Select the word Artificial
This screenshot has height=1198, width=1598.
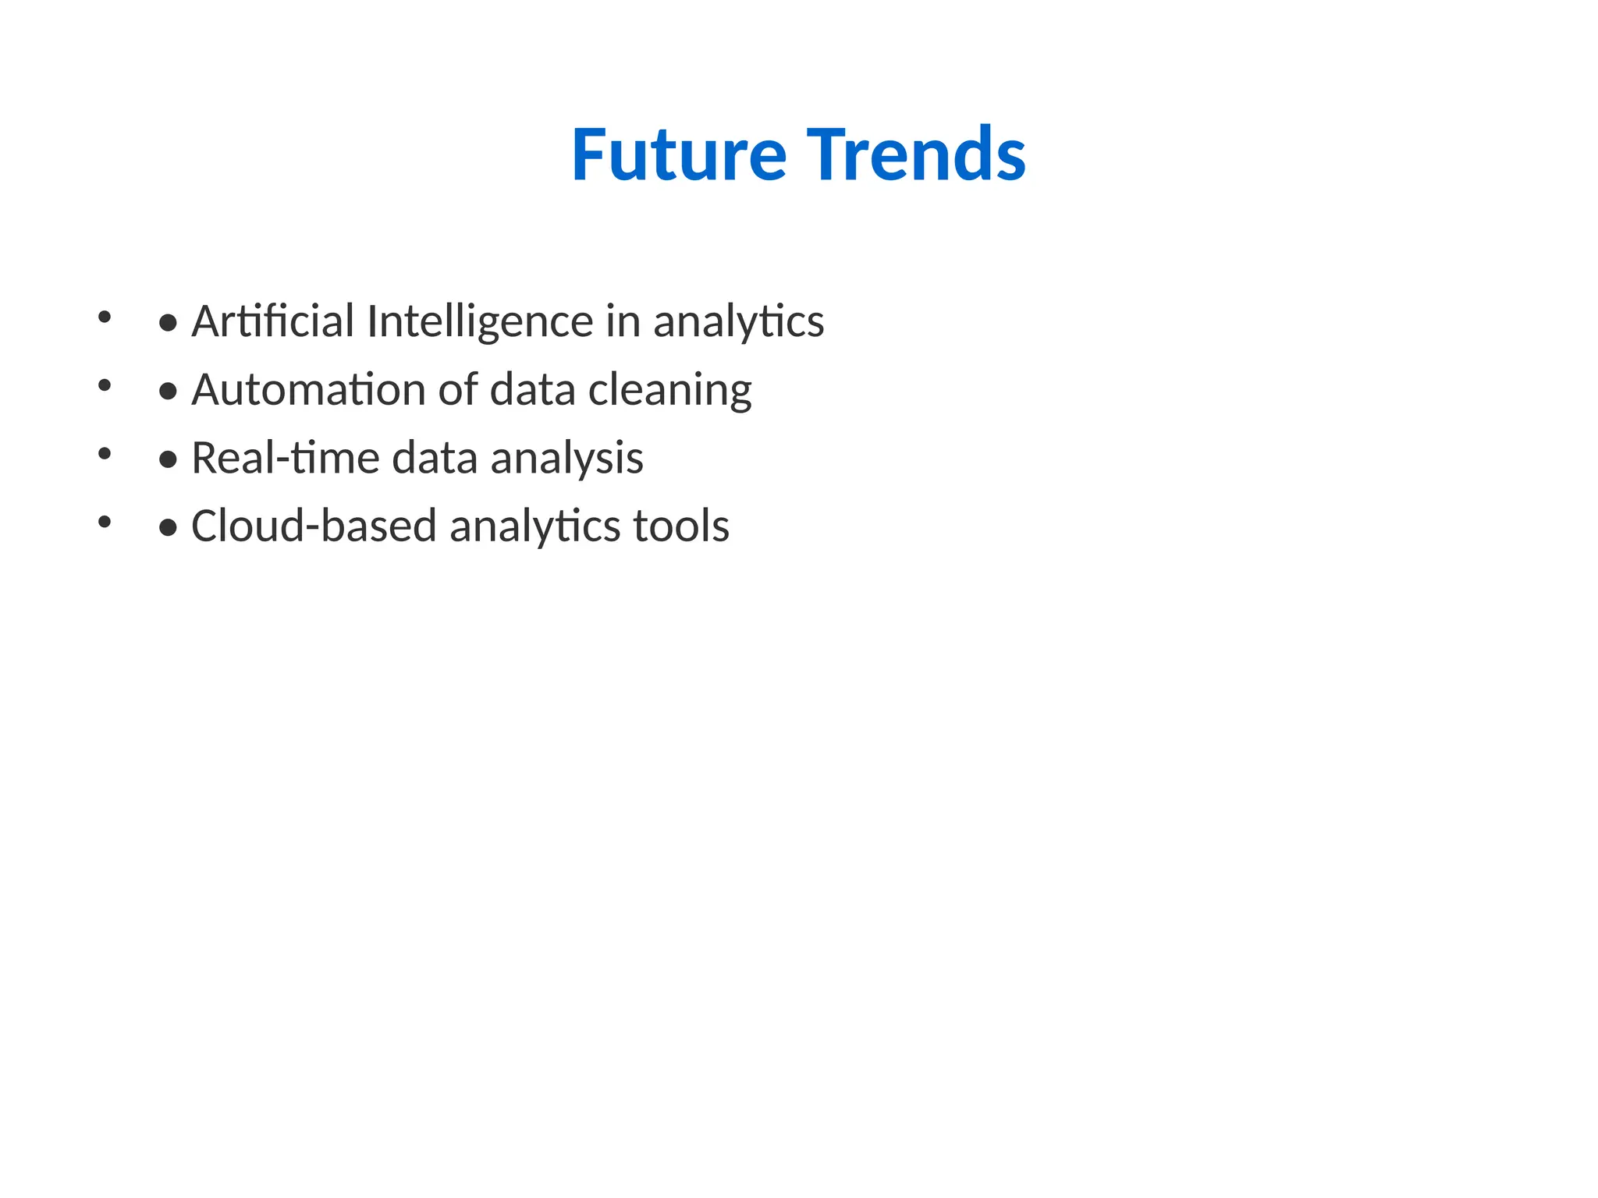(273, 321)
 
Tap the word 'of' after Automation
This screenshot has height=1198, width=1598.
(457, 389)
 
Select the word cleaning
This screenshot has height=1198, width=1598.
(669, 391)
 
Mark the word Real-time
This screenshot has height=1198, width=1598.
(285, 458)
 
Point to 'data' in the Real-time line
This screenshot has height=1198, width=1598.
(434, 458)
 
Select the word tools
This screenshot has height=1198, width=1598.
(681, 526)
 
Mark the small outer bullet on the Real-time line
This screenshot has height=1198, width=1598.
(105, 453)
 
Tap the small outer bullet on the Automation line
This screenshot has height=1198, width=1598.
(105, 385)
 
